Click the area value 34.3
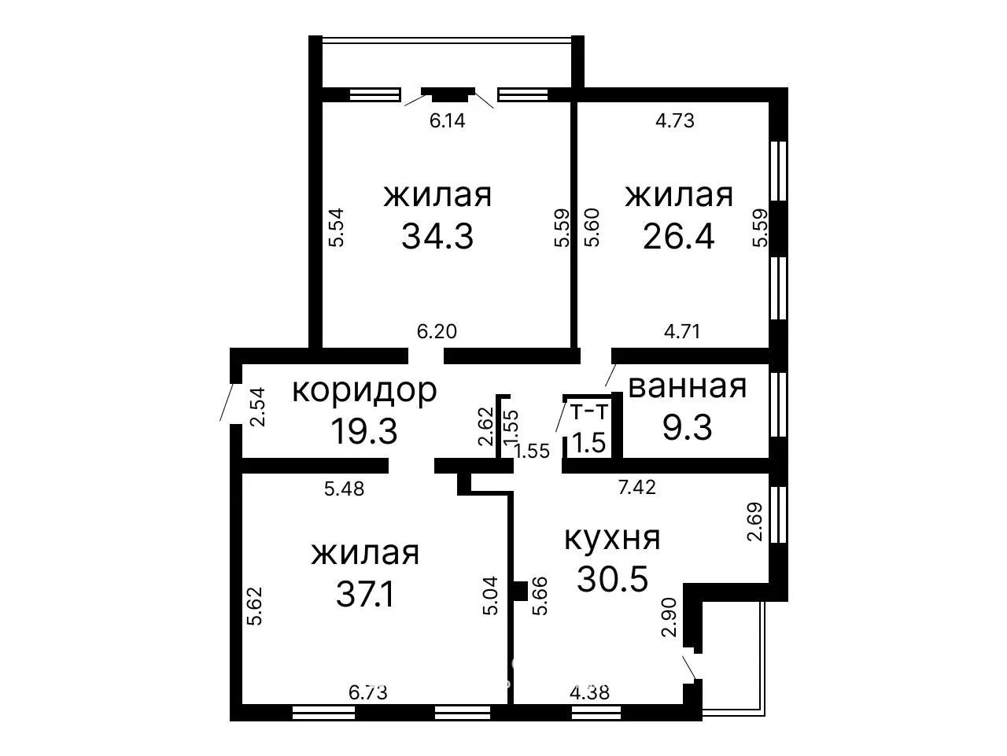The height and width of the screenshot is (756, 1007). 437,237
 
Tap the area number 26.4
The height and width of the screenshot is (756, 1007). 678,237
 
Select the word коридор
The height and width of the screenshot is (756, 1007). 365,391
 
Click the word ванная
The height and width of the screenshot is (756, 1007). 688,386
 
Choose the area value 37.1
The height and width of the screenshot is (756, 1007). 365,594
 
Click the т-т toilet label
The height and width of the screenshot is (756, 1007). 589,412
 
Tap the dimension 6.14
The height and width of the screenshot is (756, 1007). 448,120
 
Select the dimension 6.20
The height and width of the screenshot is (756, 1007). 437,331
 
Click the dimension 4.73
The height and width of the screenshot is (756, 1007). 675,120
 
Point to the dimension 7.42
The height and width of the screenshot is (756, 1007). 636,487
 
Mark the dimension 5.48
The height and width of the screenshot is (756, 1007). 344,489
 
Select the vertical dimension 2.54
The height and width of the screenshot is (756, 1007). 257,408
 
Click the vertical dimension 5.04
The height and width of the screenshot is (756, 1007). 490,596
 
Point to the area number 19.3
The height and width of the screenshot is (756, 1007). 363,431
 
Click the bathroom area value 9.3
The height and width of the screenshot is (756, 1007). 688,427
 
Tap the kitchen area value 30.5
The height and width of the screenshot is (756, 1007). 612,579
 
